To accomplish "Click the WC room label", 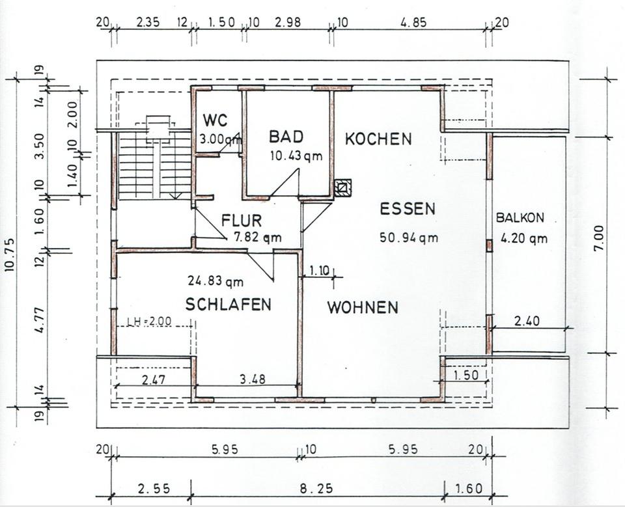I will click(214, 120).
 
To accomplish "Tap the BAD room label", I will click(286, 137).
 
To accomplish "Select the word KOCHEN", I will click(378, 139).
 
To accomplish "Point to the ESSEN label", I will click(408, 209).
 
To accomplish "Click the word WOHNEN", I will click(363, 307).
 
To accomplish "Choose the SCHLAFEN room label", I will click(228, 305).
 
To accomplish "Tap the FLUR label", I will click(242, 220).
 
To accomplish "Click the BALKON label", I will click(520, 218).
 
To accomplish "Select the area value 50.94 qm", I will click(409, 238).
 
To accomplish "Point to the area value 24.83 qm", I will click(215, 281).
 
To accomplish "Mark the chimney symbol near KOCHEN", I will click(342, 187).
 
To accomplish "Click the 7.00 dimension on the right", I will click(599, 238).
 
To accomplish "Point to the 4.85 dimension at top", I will click(413, 21).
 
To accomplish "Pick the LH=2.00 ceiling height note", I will click(149, 321).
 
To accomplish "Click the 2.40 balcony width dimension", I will click(527, 321).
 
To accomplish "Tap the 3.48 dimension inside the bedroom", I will click(253, 379).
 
